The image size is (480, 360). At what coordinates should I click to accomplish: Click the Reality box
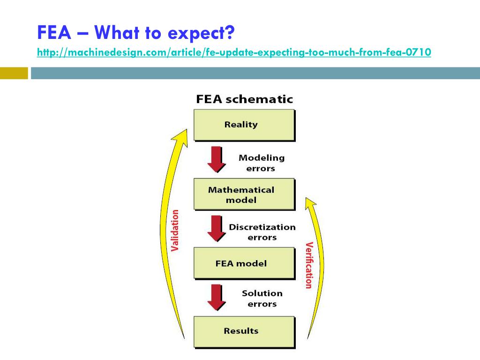[x=244, y=125]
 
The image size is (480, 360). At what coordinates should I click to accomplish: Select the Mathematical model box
[x=244, y=194]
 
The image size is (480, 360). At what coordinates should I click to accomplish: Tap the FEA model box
[x=244, y=263]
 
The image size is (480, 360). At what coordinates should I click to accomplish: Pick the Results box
[x=244, y=331]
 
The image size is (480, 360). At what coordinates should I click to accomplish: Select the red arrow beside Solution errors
[x=216, y=297]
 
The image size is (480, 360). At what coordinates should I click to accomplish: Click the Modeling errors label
[x=261, y=163]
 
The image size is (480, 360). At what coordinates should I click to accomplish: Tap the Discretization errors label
[x=262, y=232]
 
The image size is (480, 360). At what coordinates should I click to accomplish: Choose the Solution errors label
[x=262, y=299]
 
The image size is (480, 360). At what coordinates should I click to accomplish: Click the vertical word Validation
[x=175, y=231]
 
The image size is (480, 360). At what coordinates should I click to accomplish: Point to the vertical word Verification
[x=308, y=265]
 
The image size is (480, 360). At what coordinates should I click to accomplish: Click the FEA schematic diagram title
[x=244, y=99]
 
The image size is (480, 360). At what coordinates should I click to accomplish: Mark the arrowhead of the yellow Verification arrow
[x=310, y=202]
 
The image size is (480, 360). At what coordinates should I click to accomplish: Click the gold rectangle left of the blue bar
[x=14, y=73]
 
